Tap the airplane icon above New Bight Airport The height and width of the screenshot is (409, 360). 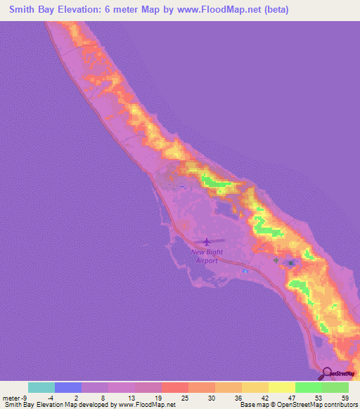[x=205, y=242]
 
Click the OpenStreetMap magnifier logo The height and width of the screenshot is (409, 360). [x=328, y=373]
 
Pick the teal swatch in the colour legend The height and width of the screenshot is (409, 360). [x=41, y=387]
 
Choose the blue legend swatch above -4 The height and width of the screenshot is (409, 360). [x=68, y=387]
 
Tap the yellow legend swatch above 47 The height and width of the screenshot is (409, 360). [x=282, y=387]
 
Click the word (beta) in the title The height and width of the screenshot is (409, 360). [x=273, y=11]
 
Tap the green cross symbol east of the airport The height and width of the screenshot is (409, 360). [x=276, y=260]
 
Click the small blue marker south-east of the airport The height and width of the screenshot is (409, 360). [x=244, y=272]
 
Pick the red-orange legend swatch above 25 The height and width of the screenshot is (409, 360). [x=175, y=387]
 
